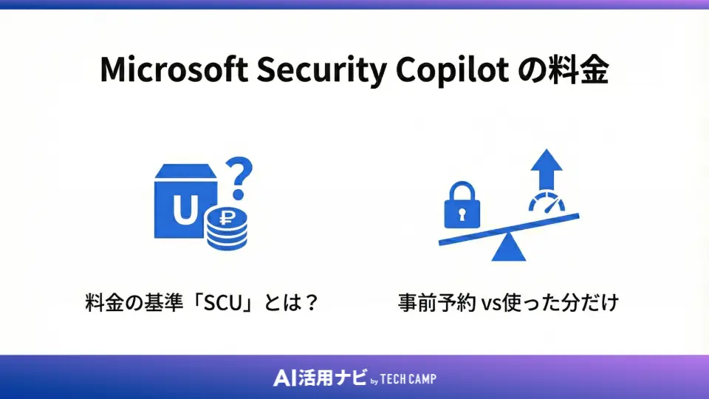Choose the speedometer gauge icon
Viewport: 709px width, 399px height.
(x=547, y=205)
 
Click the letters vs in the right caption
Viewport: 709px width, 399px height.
(x=490, y=304)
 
